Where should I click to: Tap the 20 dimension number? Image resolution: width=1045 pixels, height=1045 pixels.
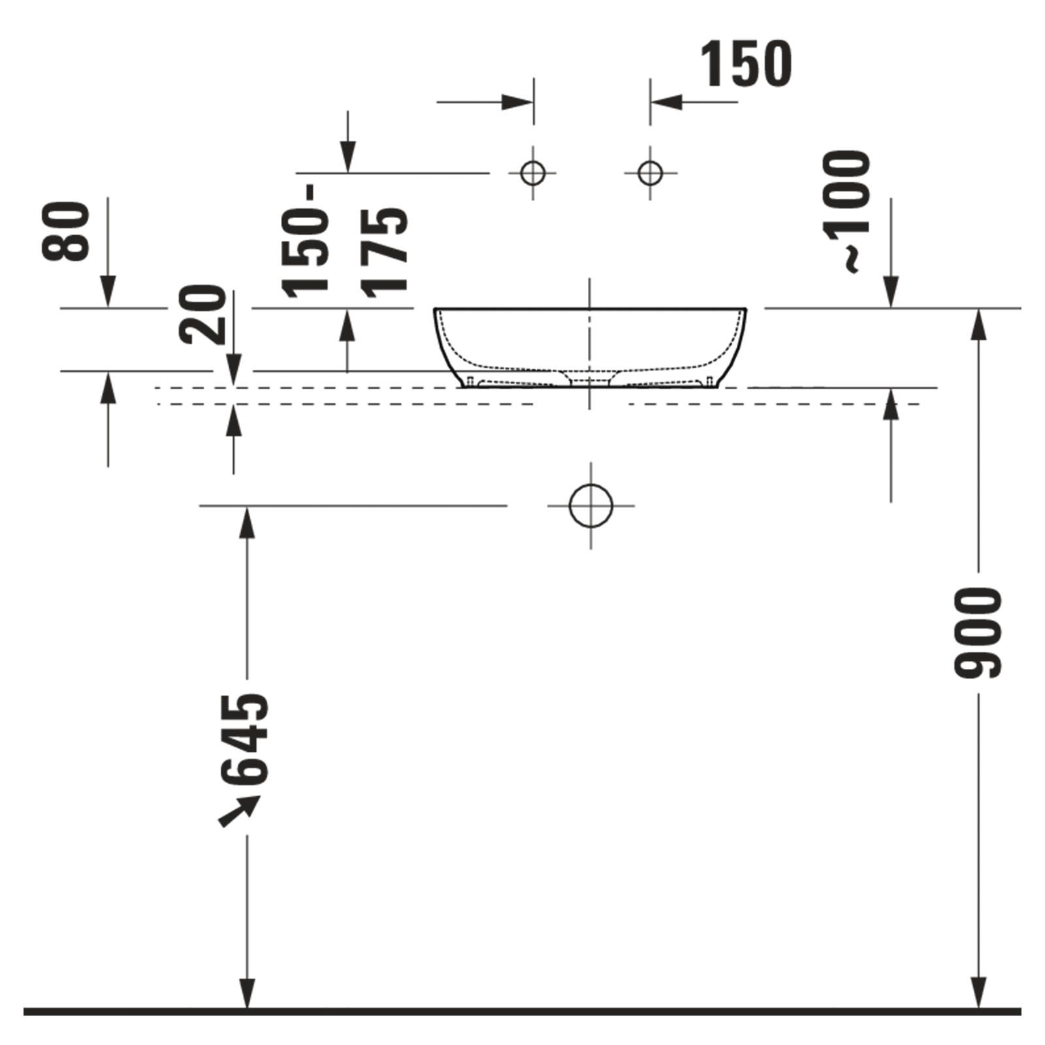pos(202,314)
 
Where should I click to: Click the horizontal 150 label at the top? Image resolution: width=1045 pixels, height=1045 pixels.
pos(746,63)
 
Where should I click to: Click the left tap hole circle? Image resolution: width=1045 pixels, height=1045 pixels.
pos(534,173)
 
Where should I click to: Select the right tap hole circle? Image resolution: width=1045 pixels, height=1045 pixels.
pos(650,173)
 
